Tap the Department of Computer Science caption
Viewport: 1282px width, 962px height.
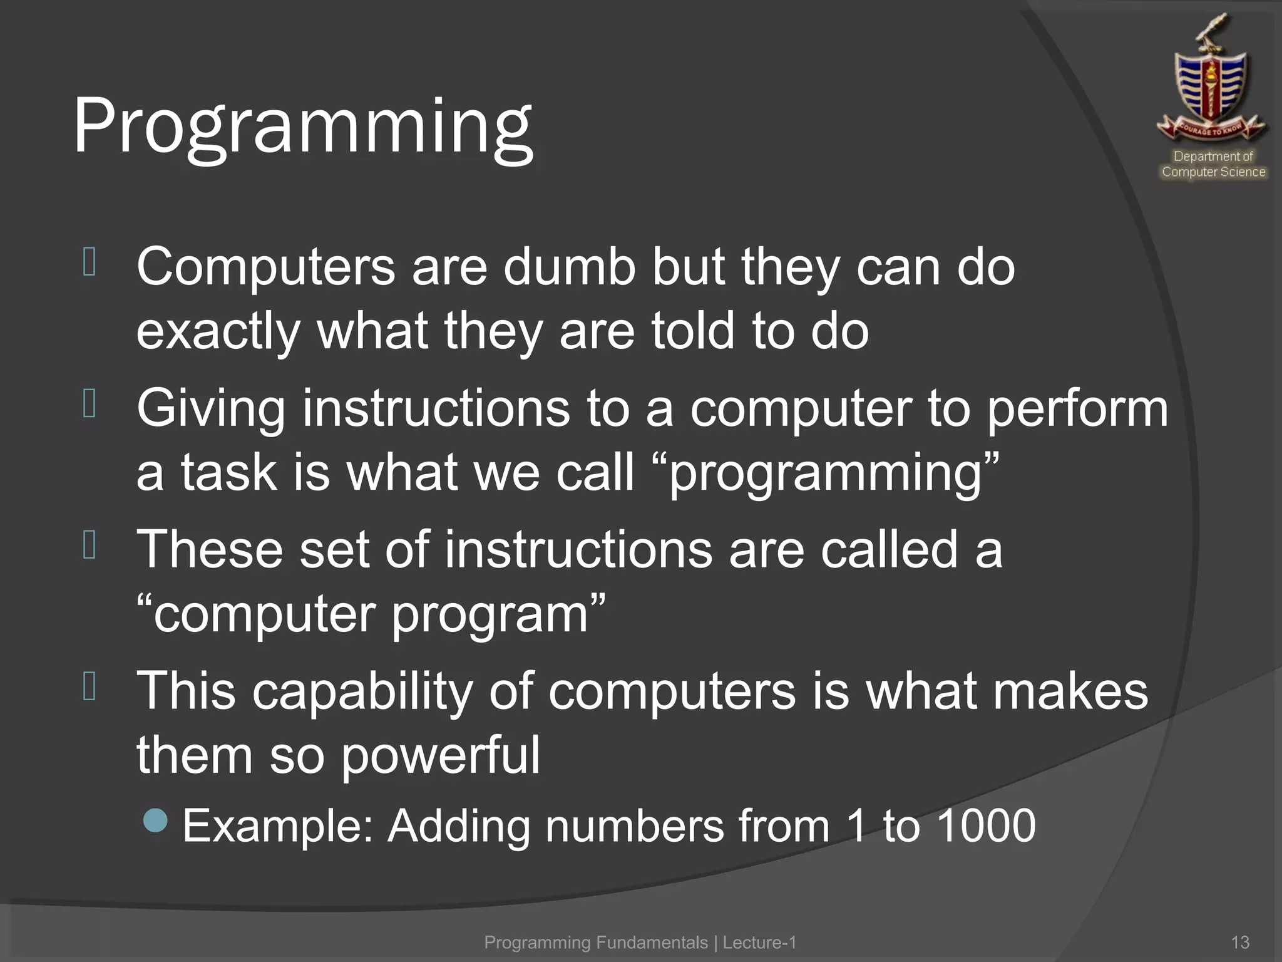pyautogui.click(x=1213, y=164)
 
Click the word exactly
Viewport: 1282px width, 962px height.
pyautogui.click(x=218, y=332)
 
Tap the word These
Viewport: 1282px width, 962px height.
pyautogui.click(x=210, y=549)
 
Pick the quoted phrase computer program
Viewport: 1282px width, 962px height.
pyautogui.click(x=371, y=614)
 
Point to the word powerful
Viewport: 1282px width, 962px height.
pyautogui.click(x=440, y=755)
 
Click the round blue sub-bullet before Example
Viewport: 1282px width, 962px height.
pyautogui.click(x=155, y=820)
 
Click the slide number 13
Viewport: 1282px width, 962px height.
pyautogui.click(x=1239, y=942)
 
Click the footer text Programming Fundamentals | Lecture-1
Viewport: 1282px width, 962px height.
pyautogui.click(x=640, y=942)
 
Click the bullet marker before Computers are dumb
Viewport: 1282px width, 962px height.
pyautogui.click(x=89, y=262)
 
